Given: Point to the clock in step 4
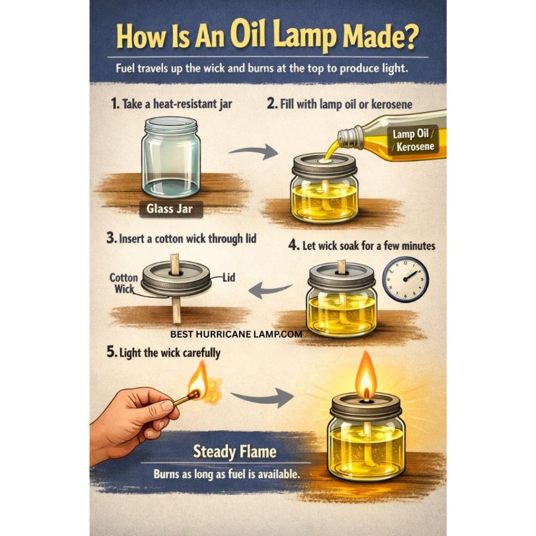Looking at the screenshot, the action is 405,280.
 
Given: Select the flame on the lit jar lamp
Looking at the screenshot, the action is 366,375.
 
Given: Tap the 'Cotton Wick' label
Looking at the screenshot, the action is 124,283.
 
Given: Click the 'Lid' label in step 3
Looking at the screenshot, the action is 229,277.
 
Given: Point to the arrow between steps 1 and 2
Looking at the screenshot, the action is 253,152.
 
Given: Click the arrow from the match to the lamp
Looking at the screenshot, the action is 262,398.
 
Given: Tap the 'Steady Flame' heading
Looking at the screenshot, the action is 234,452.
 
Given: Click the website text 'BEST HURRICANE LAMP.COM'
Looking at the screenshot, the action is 236,334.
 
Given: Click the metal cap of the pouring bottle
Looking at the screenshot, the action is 349,137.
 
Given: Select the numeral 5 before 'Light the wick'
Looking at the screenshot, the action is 111,352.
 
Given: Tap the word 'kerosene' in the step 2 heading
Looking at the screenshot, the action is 392,104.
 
